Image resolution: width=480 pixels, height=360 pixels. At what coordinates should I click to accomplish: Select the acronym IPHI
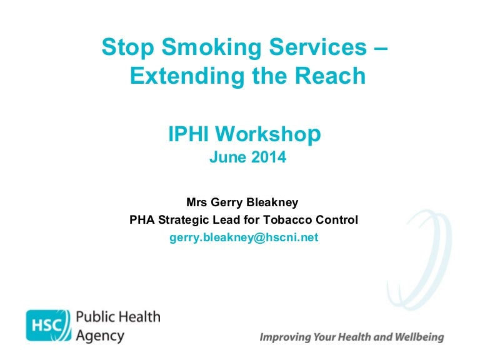pos(189,134)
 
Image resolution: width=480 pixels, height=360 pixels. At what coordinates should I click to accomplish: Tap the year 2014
pos(270,157)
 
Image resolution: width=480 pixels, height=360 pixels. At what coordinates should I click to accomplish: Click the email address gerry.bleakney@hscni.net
pos(244,238)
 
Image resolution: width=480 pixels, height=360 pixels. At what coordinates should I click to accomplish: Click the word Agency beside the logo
pos(99,336)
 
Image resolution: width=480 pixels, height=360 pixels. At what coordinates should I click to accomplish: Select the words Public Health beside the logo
pos(117,317)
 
